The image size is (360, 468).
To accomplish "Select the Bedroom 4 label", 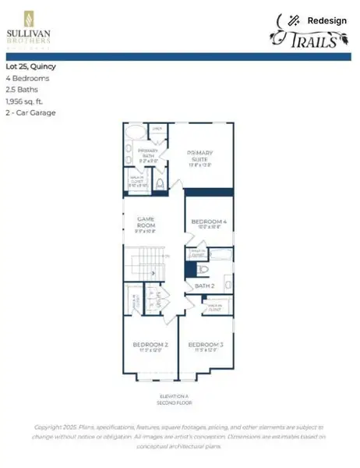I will coord(208,224).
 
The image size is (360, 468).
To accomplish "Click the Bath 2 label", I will coord(204,286).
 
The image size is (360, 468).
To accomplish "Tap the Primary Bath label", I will coord(147,153).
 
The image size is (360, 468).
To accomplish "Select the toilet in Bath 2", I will coord(201,270).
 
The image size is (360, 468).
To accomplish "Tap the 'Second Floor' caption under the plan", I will coord(180,403).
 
